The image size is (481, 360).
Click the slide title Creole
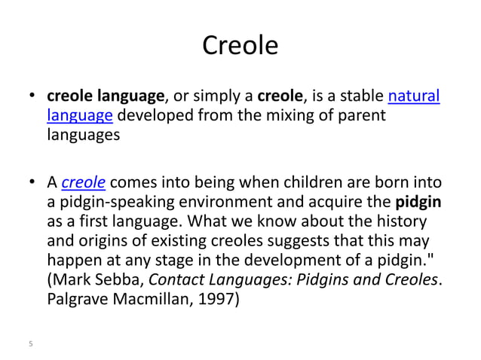[x=240, y=47]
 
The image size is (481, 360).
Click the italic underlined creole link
[x=83, y=182]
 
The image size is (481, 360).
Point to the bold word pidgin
[x=418, y=203]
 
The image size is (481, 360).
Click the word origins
[x=100, y=243]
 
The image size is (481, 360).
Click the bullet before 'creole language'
[x=33, y=97]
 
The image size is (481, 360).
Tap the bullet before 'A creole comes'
[x=33, y=183]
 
